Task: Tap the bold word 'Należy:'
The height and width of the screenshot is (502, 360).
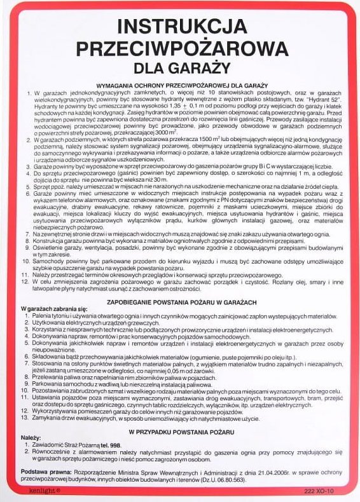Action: (x=31, y=438)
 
